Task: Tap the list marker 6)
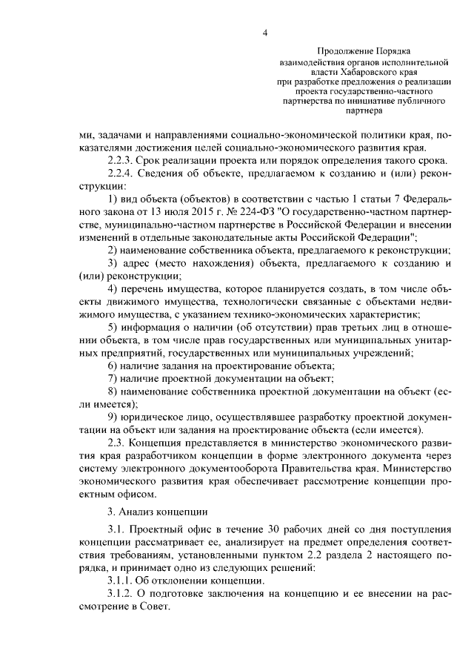coord(114,366)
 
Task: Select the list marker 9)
coord(114,417)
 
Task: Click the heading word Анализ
coord(139,511)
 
